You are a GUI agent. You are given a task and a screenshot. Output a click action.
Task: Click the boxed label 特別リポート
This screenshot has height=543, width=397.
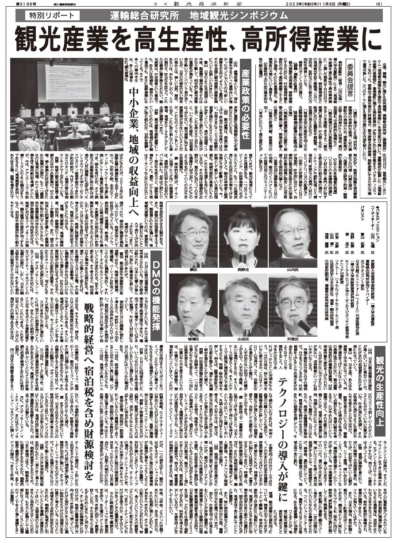pos(49,16)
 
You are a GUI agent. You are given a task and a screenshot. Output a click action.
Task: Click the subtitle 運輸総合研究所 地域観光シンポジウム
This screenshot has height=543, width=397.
pos(199,16)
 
